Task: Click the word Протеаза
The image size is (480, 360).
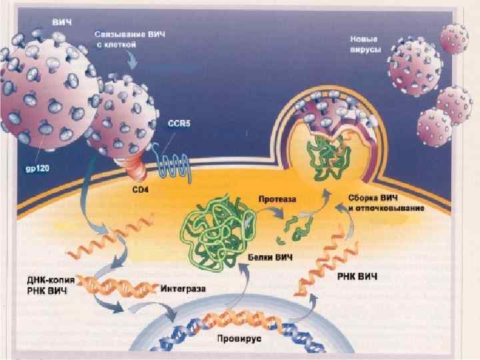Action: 277,198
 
